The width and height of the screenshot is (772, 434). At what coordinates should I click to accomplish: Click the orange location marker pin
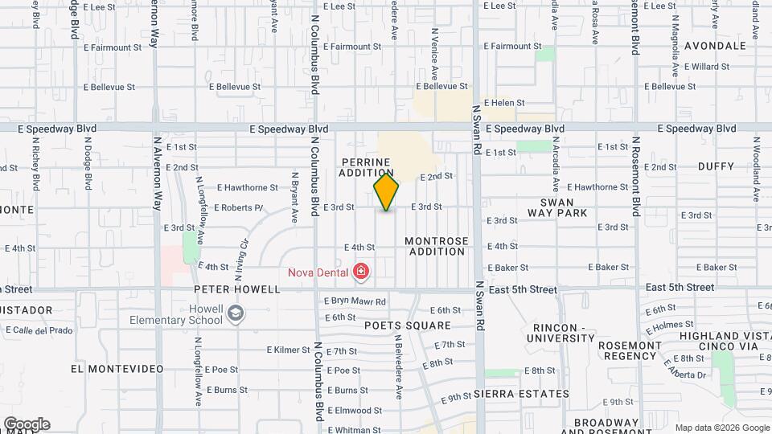pos(386,192)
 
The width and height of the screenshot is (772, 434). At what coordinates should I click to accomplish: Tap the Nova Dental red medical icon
pos(361,272)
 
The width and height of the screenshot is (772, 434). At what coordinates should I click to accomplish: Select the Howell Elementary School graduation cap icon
pos(235,313)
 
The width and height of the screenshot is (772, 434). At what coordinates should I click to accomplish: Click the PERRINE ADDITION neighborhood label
pos(366,167)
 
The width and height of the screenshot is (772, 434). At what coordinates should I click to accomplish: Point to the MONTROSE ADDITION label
pos(436,246)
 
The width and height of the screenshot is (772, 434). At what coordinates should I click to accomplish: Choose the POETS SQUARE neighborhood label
pos(407,325)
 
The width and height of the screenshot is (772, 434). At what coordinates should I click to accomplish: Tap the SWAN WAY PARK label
pos(557,207)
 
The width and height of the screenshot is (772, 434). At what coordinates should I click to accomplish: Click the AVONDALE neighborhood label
pos(717,46)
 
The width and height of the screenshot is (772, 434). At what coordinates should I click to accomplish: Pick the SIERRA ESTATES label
pos(521,394)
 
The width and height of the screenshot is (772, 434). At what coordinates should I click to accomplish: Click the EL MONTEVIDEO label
pos(117,369)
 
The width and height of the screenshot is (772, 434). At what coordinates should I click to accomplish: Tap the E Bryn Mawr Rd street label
pos(355,301)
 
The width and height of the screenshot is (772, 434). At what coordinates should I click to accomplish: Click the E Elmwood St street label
pos(355,410)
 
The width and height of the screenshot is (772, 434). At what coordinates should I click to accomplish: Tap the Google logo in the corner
pos(27,424)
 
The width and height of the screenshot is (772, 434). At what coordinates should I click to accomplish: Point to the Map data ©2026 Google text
pos(721,428)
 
